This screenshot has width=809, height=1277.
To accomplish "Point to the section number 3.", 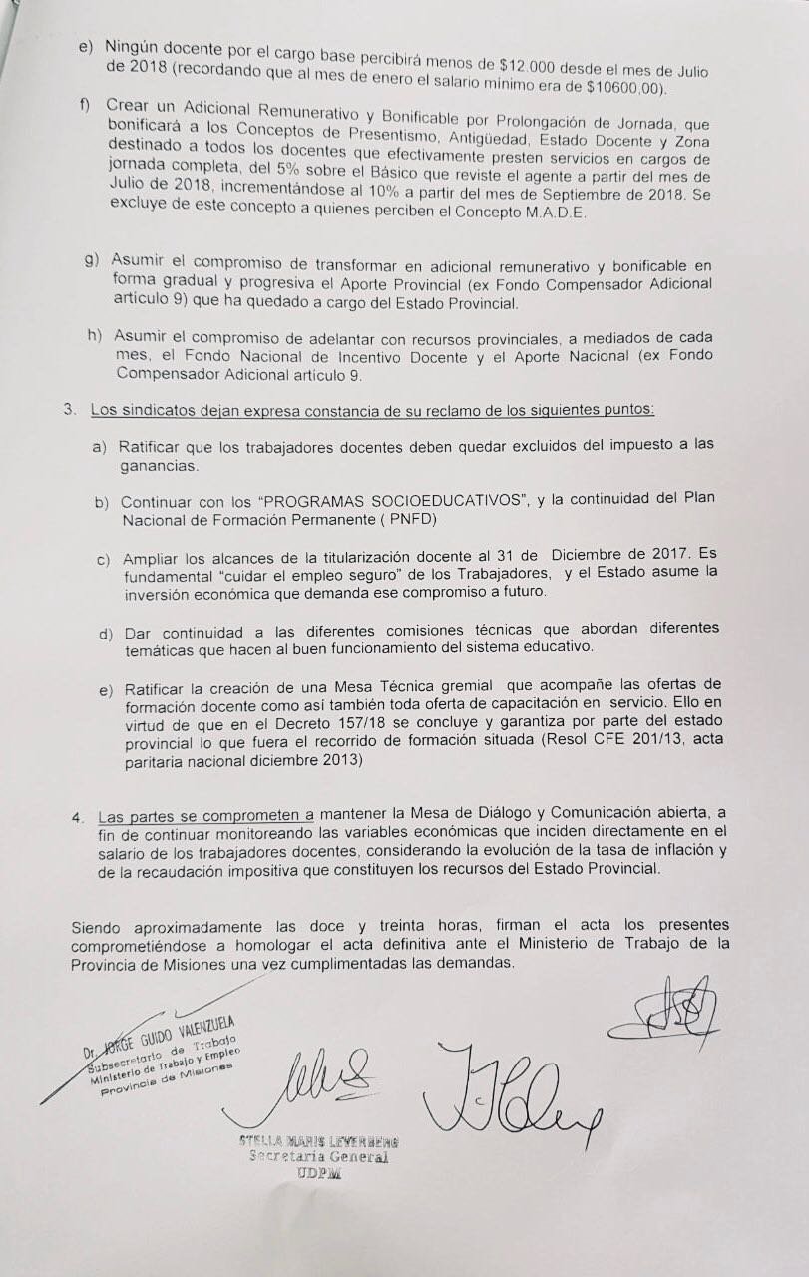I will tap(69, 410).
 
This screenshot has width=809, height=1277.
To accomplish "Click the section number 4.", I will tap(77, 816).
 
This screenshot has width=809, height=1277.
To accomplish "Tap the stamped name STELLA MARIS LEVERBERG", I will tap(318, 1141).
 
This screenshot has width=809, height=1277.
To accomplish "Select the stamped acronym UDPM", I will tap(318, 1173).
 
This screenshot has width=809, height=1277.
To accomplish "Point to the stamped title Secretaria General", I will tap(318, 1157).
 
